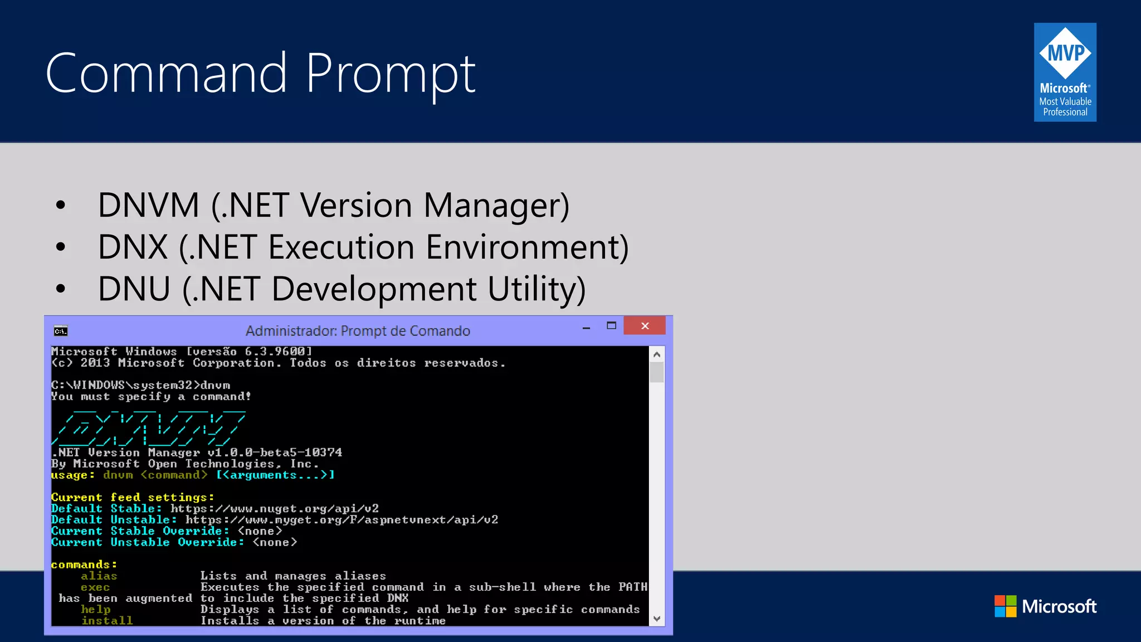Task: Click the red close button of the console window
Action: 645,326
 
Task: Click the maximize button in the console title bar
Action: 611,326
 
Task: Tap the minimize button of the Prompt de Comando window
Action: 586,328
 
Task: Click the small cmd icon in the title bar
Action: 61,331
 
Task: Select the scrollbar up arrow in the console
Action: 657,354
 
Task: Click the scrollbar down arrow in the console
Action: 657,619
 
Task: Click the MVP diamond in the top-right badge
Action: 1065,53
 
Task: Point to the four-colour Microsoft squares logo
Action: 1006,606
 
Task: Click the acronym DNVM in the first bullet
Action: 148,205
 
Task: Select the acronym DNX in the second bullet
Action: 133,247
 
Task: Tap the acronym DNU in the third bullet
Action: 134,289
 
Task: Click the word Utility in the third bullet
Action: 536,289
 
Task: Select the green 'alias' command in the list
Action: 99,576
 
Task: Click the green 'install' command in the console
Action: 107,621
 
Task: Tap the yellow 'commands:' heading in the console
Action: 84,565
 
